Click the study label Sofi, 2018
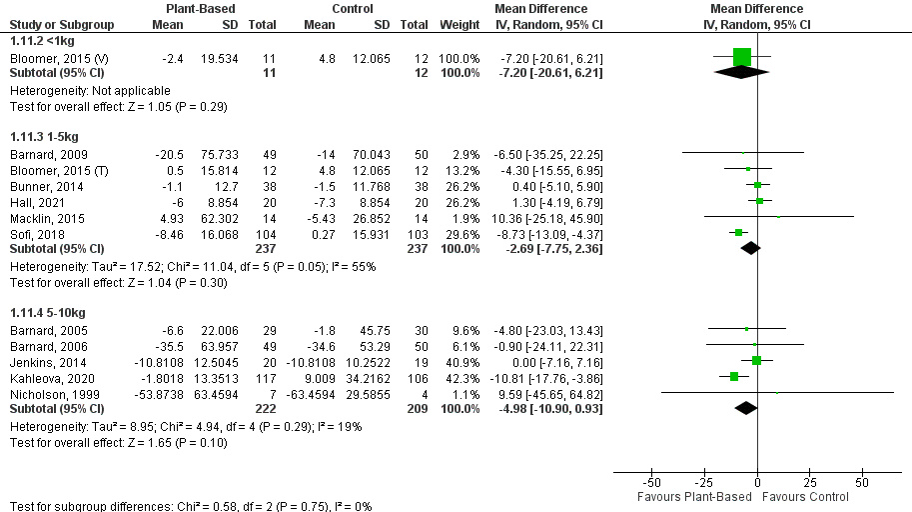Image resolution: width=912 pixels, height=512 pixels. coord(33,232)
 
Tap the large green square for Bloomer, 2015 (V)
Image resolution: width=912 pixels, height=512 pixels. coord(741,56)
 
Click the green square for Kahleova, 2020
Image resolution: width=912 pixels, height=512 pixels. coord(734,377)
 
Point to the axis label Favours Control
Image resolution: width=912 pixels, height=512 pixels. coord(809,497)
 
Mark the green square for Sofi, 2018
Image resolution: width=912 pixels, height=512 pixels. coord(739,232)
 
